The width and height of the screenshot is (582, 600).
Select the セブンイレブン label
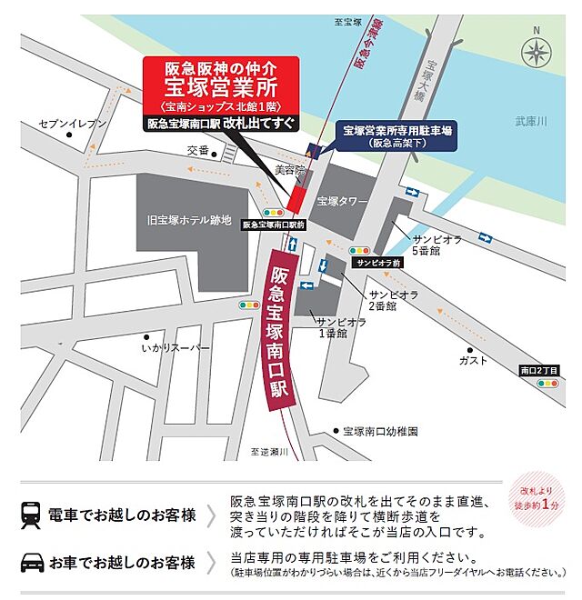[x=79, y=123]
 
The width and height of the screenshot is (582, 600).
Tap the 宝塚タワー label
[x=341, y=200]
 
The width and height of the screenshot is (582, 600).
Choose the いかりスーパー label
[x=176, y=348]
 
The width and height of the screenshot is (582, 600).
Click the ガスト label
[x=474, y=360]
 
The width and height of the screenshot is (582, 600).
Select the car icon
[x=31, y=561]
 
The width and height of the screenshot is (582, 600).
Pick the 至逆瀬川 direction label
[x=266, y=451]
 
